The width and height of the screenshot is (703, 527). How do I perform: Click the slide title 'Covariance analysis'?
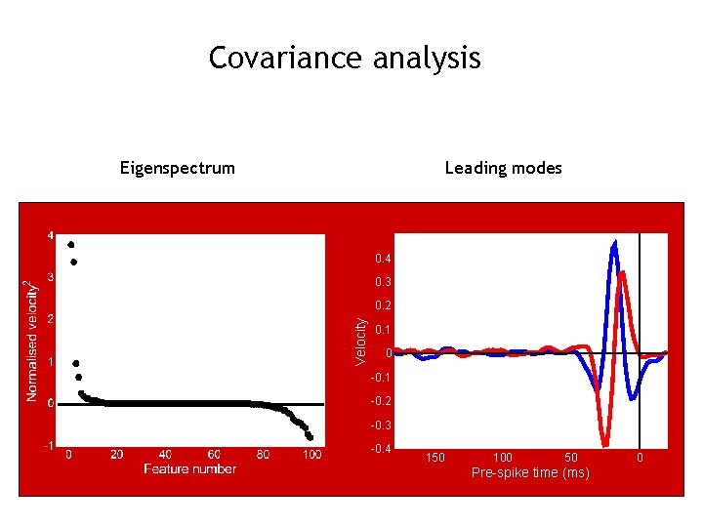click(x=345, y=59)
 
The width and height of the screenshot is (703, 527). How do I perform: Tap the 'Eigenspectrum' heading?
click(x=178, y=168)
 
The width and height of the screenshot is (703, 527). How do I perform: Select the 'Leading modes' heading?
click(x=503, y=168)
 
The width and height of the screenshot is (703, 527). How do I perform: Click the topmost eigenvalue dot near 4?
click(x=71, y=244)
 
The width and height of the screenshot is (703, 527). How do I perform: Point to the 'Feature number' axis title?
click(x=189, y=469)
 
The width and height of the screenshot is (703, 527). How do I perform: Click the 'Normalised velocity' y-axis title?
click(x=32, y=340)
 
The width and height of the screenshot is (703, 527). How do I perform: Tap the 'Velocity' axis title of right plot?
click(x=361, y=341)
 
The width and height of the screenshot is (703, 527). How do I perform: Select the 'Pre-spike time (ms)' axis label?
click(x=530, y=473)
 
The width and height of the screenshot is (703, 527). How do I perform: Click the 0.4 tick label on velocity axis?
click(x=383, y=259)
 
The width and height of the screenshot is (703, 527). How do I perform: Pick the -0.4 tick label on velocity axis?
click(x=381, y=449)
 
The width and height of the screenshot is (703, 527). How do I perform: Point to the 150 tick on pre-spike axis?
click(x=434, y=458)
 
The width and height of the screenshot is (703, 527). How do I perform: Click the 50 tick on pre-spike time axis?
click(x=571, y=458)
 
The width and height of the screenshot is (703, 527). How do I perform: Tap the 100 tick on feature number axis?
click(x=311, y=455)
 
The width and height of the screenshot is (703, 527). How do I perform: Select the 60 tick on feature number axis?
click(x=214, y=455)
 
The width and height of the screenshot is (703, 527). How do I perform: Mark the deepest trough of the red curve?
click(x=606, y=442)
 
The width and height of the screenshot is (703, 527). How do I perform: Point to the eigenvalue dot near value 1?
click(x=76, y=363)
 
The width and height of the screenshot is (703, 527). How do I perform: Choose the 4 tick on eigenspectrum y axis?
click(x=51, y=235)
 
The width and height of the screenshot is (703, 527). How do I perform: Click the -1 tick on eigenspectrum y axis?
click(x=49, y=445)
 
